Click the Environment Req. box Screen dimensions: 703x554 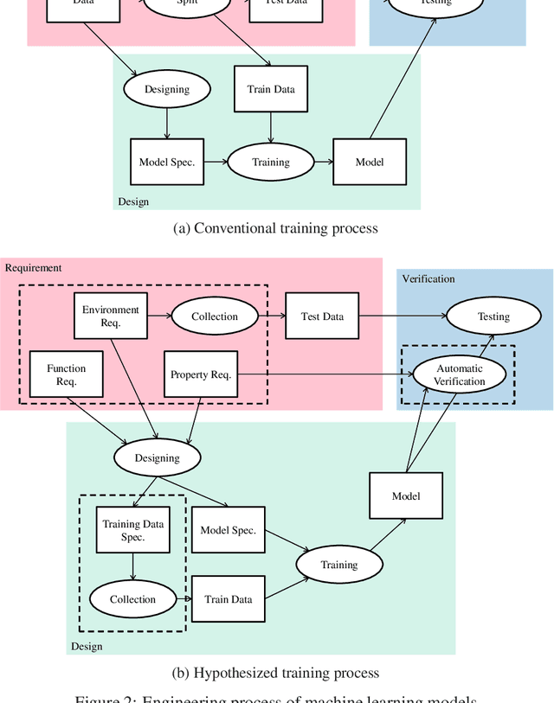111,316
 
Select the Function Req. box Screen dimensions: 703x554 67,374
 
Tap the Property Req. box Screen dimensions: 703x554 200,374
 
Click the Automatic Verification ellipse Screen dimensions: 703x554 460,374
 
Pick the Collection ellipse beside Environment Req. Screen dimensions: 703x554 215,316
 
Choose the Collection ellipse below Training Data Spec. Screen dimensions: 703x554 133,599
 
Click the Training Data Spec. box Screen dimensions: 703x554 133,530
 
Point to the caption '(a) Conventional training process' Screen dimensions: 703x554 276,228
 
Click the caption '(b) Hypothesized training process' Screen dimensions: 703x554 276,673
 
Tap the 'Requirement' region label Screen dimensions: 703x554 34,267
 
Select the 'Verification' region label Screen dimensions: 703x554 428,278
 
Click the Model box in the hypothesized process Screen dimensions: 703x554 406,495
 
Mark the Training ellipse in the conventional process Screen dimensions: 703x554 270,162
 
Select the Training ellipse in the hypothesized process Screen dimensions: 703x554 339,565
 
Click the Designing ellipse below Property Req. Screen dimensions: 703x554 158,457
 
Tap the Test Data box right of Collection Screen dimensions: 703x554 322,316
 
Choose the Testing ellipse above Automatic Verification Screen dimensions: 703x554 494,316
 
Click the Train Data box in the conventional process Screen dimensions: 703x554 271,89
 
